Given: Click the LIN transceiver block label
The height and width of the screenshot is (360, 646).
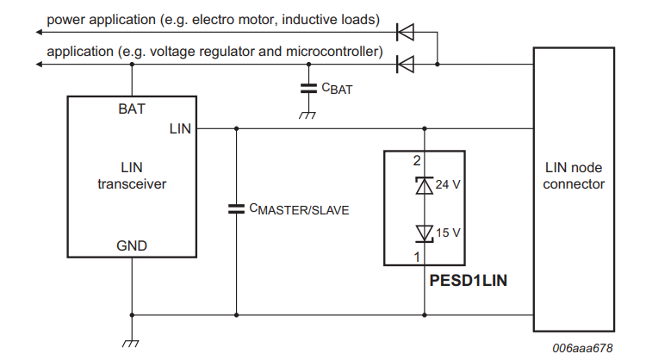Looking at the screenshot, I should point(132,176).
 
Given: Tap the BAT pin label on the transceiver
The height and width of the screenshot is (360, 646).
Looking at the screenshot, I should point(132,109).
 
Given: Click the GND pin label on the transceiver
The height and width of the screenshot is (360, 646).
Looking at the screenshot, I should point(132,245).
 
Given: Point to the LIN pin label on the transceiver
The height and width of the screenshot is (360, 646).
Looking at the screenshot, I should point(181,129).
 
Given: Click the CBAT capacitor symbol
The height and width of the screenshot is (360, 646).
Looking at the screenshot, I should point(307,88).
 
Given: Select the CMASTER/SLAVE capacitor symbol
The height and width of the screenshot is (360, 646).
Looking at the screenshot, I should point(236,208).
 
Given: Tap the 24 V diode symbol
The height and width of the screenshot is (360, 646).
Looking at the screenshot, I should point(424,184).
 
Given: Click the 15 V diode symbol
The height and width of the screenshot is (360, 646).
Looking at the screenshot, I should point(424,232).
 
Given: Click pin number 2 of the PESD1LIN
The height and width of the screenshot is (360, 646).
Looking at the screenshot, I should point(416,160).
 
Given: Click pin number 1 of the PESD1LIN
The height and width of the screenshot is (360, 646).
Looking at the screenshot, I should point(416,257).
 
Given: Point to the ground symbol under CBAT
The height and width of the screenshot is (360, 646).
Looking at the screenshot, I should point(307,115).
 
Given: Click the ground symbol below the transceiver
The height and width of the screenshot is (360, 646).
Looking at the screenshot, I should point(132,343).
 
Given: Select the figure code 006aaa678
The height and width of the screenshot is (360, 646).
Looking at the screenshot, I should point(584,348).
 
